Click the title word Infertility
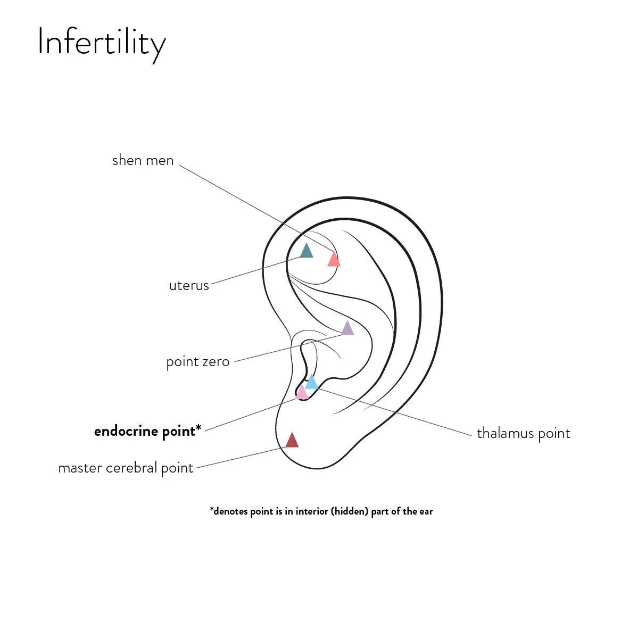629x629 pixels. point(101,43)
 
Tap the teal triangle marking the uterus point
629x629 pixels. point(306,251)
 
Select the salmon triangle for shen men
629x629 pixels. point(334,260)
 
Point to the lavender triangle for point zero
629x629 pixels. point(347,328)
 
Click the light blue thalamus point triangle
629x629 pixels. point(312,382)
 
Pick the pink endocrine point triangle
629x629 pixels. point(301,393)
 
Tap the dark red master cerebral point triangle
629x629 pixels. point(292,441)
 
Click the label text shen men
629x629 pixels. point(143,160)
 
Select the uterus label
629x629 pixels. point(189,286)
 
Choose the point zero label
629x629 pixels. point(198,362)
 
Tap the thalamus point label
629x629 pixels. point(523,434)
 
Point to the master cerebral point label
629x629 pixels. point(126,468)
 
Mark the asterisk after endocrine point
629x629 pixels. point(198,428)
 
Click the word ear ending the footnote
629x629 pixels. point(426,511)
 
